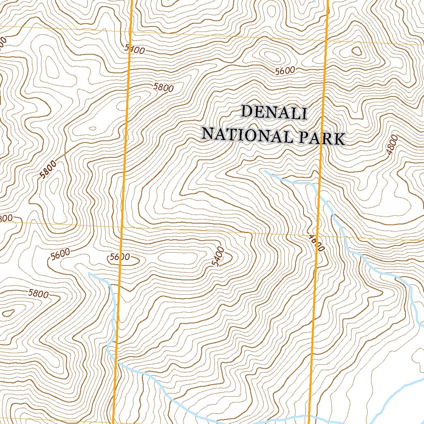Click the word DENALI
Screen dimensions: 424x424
(x=274, y=113)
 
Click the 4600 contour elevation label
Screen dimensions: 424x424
(x=316, y=243)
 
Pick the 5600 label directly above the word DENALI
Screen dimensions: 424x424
(x=285, y=71)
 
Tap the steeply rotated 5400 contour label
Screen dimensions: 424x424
(x=217, y=257)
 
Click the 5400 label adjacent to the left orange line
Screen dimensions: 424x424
(x=135, y=50)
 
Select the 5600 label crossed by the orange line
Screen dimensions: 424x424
(x=120, y=257)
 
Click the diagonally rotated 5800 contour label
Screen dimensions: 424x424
(x=48, y=169)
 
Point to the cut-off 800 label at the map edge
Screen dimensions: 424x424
(x=6, y=219)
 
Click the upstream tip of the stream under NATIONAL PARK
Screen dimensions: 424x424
(x=264, y=170)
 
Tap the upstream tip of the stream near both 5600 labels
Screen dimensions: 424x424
(x=89, y=273)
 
